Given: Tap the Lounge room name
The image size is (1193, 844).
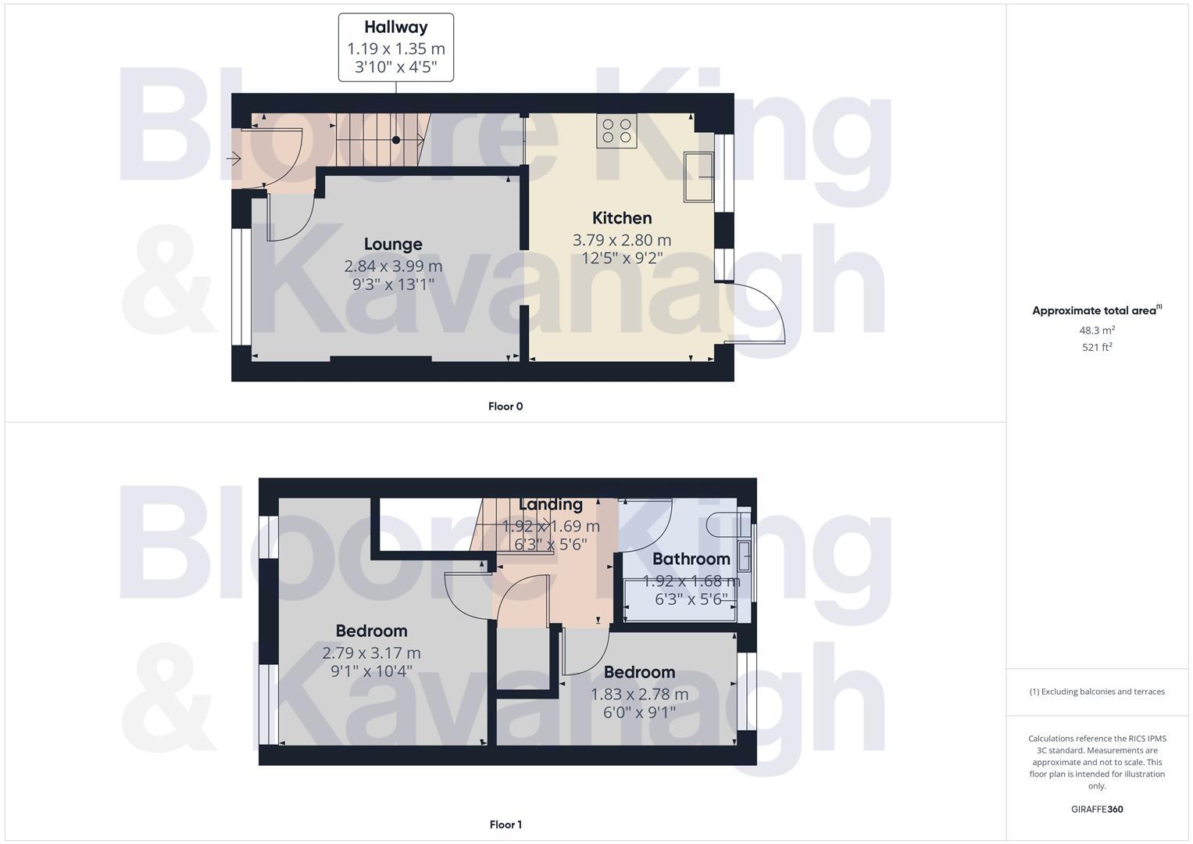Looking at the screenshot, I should click(393, 245).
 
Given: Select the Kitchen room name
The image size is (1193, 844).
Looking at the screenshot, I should click(622, 218).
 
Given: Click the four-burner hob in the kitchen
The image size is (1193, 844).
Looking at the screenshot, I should click(616, 131).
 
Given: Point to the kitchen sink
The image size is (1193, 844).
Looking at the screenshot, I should click(699, 177).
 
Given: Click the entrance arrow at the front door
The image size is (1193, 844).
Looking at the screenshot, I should click(233, 159).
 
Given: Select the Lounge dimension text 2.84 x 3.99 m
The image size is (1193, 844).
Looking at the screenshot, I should click(393, 266).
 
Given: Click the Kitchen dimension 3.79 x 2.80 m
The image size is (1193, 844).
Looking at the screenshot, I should click(622, 240).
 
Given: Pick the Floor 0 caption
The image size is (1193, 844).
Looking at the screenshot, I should click(505, 406).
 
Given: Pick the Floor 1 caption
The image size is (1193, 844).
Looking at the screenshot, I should click(505, 824).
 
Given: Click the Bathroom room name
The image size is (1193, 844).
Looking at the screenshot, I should click(691, 559).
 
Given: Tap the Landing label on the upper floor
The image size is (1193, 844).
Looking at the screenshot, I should click(551, 505).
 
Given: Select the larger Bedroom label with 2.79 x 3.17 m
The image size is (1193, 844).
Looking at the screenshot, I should click(371, 631).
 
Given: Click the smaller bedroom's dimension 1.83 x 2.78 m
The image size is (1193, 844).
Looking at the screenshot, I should click(639, 694).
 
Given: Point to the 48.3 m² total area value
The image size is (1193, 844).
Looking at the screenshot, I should click(1097, 331).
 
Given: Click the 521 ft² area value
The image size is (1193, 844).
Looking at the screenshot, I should click(1097, 347).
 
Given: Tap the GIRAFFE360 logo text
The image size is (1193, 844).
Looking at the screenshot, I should click(1097, 810).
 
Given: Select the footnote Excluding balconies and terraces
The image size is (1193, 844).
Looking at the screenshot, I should click(1097, 692).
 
